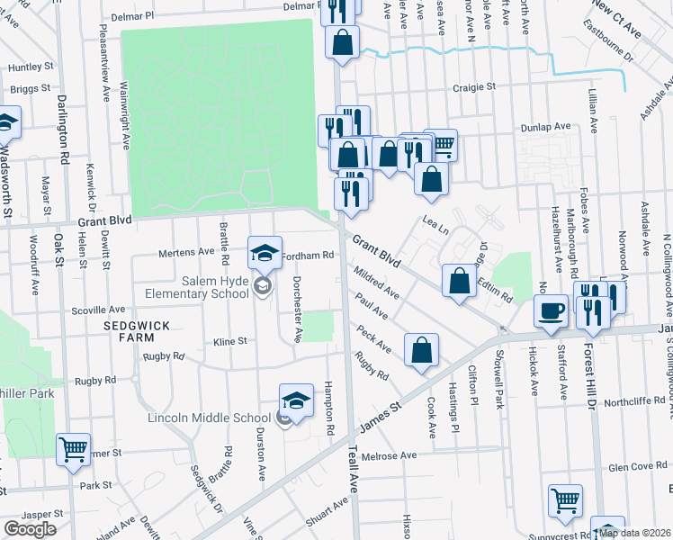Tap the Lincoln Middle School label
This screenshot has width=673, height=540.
[x=210, y=418]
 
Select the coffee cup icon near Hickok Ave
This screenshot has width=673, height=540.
[x=551, y=310]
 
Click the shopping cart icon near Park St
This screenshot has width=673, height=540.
[x=73, y=449]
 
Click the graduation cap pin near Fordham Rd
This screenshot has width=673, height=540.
[x=265, y=253]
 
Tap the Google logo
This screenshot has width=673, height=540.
[x=30, y=529]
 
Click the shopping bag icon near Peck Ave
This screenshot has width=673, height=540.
[x=421, y=351]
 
